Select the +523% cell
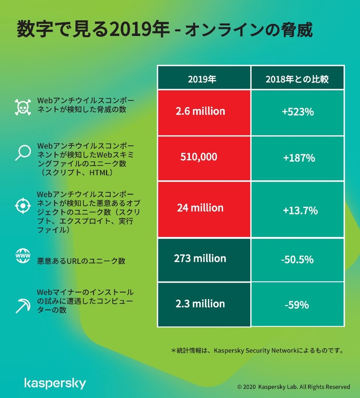[297, 112]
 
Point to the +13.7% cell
[297, 210]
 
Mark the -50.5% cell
[297, 260]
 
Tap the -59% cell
[297, 305]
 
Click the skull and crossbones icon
[22, 107]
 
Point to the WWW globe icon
[22, 257]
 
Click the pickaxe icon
[22, 306]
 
